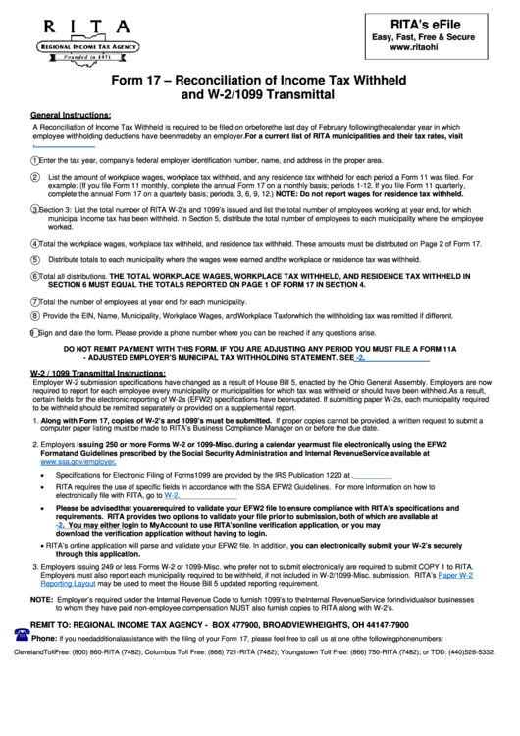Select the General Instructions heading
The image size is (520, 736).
[71, 113]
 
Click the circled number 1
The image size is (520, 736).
[35, 160]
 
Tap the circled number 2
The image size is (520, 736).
[35, 177]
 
